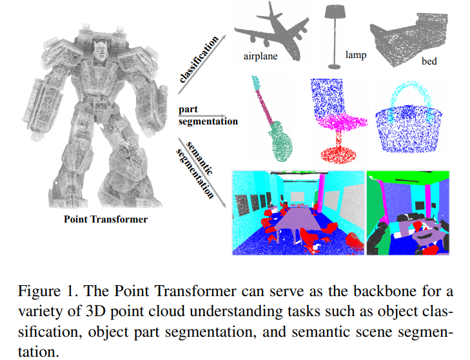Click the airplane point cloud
pyautogui.click(x=271, y=29)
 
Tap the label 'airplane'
pyautogui.click(x=261, y=57)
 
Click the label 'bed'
pyautogui.click(x=429, y=63)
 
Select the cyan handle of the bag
pyautogui.click(x=407, y=91)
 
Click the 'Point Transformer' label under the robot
pyautogui.click(x=106, y=219)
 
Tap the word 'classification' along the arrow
pyautogui.click(x=201, y=61)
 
